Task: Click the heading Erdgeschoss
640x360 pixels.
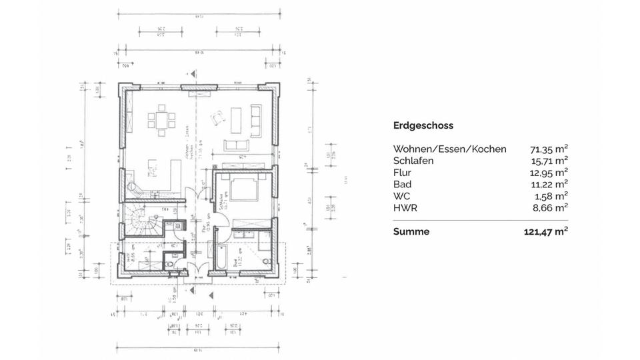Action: coord(423,125)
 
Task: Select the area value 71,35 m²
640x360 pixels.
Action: coord(549,149)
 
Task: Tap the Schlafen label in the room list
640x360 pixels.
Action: coord(413,161)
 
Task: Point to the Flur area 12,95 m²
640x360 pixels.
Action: coord(549,173)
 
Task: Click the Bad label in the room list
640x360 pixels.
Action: coord(402,184)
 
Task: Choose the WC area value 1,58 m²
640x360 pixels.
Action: coord(551,196)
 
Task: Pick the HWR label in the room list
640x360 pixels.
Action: coord(405,208)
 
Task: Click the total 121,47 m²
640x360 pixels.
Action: coord(545,232)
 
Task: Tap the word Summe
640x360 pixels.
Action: coord(411,232)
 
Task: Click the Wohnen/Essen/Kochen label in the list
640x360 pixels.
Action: coord(450,149)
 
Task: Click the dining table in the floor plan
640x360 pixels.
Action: coord(162,120)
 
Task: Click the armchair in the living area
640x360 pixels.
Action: coord(217,118)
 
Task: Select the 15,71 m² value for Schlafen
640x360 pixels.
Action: coord(549,161)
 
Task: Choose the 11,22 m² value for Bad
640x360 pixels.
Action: coord(549,184)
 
